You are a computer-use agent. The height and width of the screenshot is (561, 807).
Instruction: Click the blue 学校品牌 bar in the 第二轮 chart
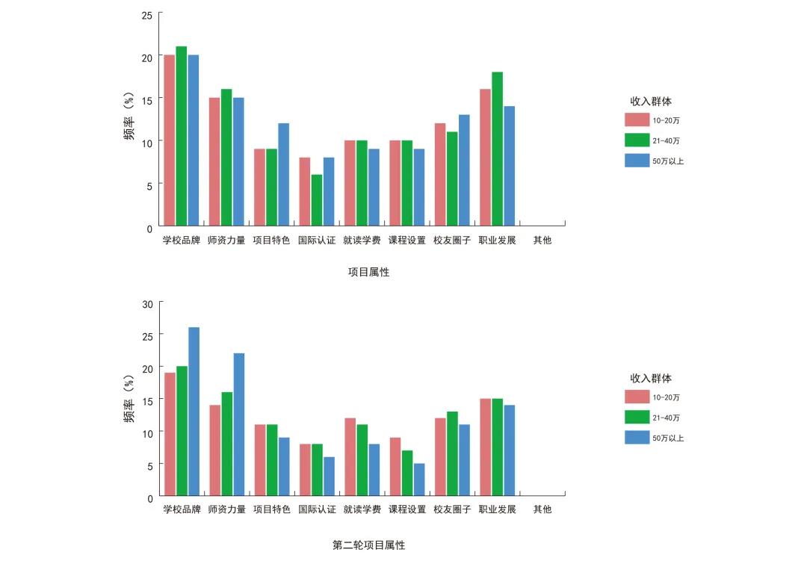194,412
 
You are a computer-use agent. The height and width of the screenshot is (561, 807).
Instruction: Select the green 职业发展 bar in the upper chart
497,149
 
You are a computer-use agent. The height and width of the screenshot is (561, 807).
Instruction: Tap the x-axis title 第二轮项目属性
368,545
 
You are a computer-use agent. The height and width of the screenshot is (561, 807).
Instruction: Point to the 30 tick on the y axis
147,304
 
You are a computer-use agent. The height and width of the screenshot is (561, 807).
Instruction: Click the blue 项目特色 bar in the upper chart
283,174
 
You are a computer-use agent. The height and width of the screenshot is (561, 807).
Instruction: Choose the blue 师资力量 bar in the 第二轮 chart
239,424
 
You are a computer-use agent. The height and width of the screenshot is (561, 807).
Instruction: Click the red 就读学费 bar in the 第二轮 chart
350,456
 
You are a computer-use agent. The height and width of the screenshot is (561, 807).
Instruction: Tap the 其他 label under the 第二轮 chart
542,509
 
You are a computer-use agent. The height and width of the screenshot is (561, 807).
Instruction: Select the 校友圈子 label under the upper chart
452,241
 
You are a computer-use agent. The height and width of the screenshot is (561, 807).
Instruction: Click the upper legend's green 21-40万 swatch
637,140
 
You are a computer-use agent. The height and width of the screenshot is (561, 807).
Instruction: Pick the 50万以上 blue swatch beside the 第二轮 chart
637,438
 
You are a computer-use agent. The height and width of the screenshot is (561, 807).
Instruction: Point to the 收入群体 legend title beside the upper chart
650,102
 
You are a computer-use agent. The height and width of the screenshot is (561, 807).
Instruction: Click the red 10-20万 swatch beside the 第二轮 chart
637,397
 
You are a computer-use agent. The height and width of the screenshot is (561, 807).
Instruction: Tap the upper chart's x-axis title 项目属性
368,273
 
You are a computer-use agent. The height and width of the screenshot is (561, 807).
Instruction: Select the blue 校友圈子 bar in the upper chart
464,170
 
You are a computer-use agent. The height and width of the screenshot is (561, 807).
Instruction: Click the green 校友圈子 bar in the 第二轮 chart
452,453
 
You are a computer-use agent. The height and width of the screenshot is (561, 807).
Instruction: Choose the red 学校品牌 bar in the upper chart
170,140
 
